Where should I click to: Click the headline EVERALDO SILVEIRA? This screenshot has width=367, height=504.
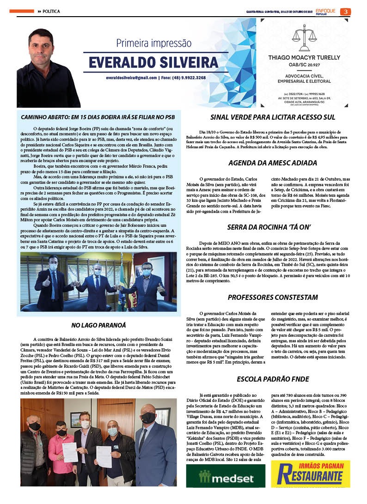(x=145, y=62)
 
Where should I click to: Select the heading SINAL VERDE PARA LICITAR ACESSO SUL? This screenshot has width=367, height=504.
(x=273, y=117)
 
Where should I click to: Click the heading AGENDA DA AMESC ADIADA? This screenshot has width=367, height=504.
(x=273, y=163)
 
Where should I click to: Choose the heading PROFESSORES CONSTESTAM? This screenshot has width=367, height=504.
(x=273, y=297)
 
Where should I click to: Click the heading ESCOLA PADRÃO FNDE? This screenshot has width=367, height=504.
(x=273, y=379)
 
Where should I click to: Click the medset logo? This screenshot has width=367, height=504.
(x=225, y=476)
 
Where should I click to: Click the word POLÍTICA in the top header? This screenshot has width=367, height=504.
(x=51, y=12)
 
